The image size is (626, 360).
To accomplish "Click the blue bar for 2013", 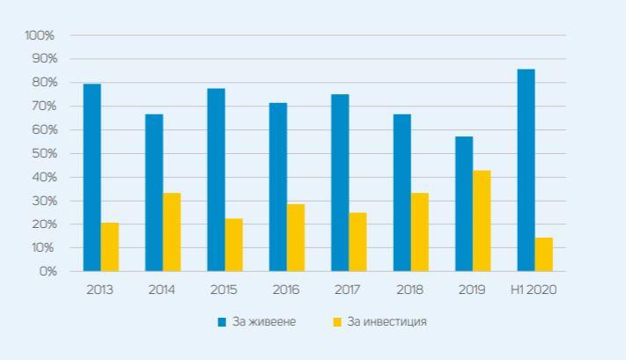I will point(92,177).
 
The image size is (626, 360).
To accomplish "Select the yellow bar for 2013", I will point(109,246).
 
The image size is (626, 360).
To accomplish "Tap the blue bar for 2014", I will point(154,192).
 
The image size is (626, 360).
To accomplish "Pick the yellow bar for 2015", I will point(233,245).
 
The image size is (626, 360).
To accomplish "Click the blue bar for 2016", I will point(278,187).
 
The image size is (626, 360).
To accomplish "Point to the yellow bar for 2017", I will point(357,241).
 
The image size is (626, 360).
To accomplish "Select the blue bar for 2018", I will point(401,192).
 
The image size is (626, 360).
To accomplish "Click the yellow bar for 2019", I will point(482,220).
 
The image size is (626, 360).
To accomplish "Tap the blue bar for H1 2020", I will point(526,170).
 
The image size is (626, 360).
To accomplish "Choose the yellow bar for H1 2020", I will point(543,254).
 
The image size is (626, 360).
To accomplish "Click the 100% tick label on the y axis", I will point(40,35).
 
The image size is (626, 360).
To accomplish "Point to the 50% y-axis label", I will point(42,153).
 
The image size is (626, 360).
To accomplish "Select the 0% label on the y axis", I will point(47,271).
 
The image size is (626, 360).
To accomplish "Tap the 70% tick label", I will point(42,106).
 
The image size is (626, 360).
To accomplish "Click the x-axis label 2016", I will point(285,289).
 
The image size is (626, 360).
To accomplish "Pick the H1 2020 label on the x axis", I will point(534,289).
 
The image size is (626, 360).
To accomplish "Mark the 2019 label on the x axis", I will point(472,289).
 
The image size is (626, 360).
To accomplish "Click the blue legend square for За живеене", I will point(223,322).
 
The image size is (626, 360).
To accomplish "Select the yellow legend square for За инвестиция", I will point(336,322).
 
